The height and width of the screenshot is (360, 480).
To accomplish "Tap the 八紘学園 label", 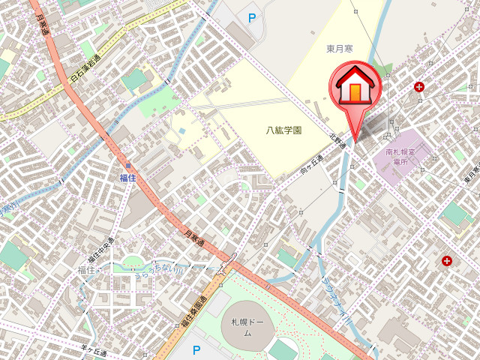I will [284, 130].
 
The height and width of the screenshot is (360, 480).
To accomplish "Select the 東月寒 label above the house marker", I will [340, 49].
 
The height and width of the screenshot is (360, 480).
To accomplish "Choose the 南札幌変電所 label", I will [400, 157].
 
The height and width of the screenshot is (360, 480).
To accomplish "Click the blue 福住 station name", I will [127, 178].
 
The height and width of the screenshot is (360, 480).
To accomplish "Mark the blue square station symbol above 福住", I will [128, 165].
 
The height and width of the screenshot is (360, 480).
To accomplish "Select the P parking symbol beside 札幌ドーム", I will [197, 349].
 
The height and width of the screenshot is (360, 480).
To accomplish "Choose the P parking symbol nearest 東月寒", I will [251, 16].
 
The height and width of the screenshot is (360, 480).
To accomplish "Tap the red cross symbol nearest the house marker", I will [418, 87].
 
